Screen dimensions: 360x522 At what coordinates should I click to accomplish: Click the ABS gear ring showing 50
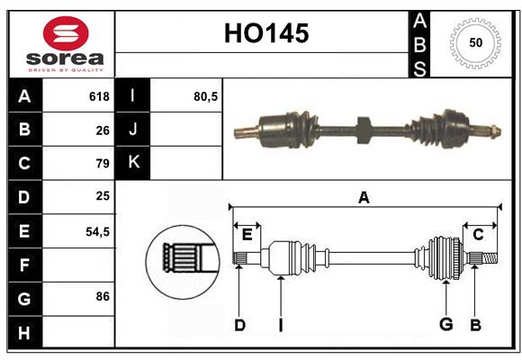pyautogui.click(x=474, y=42)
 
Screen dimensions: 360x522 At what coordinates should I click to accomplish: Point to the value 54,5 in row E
pyautogui.click(x=97, y=231)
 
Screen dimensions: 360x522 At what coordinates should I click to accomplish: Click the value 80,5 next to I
pyautogui.click(x=206, y=96)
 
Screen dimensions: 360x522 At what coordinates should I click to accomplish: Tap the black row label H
pyautogui.click(x=24, y=332)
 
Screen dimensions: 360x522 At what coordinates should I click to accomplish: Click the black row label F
pyautogui.click(x=24, y=265)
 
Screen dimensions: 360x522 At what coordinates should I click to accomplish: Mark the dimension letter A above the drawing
pyautogui.click(x=364, y=197)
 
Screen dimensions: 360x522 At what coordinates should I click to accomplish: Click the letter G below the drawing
pyautogui.click(x=445, y=325)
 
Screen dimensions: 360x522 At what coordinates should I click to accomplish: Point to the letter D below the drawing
pyautogui.click(x=239, y=325)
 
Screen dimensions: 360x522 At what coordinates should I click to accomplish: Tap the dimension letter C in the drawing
pyautogui.click(x=479, y=235)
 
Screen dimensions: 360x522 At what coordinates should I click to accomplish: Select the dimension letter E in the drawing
pyautogui.click(x=247, y=235)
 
